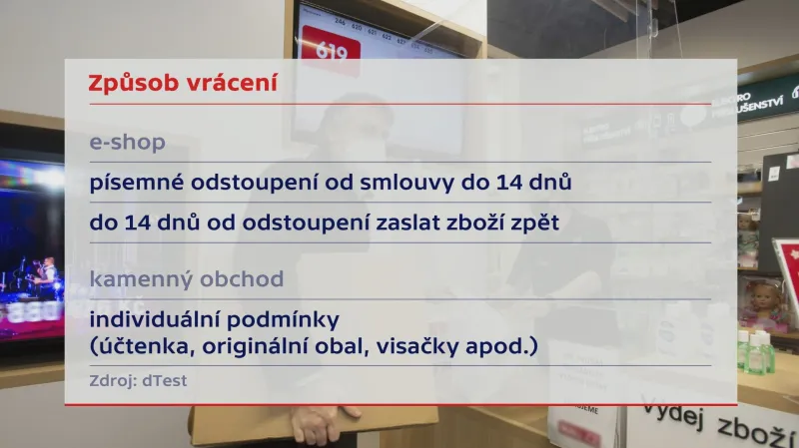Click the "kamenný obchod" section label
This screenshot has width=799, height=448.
pyautogui.click(x=186, y=278)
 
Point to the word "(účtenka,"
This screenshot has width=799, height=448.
pyautogui.click(x=135, y=347)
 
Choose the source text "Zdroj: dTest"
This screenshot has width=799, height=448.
pyautogui.click(x=138, y=380)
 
